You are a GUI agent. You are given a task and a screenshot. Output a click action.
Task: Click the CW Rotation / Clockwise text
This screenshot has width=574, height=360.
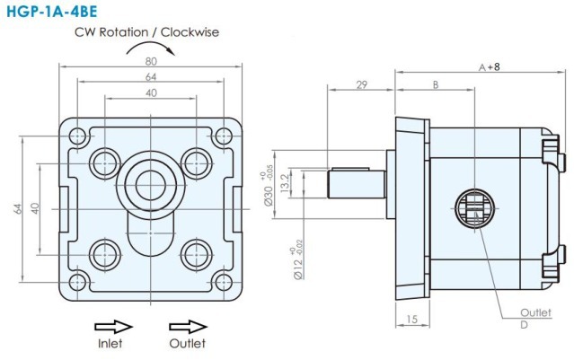pos(147,31)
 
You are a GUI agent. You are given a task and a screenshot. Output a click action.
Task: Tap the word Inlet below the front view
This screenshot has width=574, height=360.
pos(110,343)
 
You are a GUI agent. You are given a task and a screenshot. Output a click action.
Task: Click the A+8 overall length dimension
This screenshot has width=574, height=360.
pos(489,67)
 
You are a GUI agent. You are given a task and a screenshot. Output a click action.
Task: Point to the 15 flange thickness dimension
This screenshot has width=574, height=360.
pos(413,319)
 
